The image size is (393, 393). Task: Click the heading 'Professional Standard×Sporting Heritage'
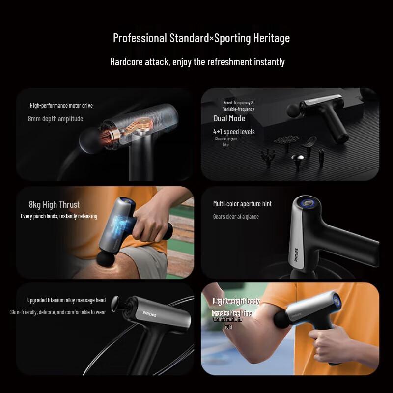pos(201,38)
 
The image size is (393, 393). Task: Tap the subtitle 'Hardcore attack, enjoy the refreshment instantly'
pos(197,62)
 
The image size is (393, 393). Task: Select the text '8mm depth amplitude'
pos(56,119)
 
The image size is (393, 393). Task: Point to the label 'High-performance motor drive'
pos(61,106)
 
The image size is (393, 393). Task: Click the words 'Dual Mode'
pos(229,118)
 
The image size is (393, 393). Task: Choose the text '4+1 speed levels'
pos(234,132)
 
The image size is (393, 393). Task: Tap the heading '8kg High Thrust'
pos(54,205)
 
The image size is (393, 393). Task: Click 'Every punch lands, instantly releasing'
pos(59,216)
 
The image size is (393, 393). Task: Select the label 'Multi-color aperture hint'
pos(242,204)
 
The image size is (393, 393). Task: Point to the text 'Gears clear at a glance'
pos(236,217)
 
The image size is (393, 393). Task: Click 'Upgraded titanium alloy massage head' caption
pos(66,300)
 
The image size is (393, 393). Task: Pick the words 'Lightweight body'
pos(236,301)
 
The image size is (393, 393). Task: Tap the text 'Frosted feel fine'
pos(232,313)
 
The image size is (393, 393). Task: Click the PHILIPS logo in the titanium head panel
pos(149,315)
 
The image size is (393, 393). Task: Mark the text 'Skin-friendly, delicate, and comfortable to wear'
pos(58,312)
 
